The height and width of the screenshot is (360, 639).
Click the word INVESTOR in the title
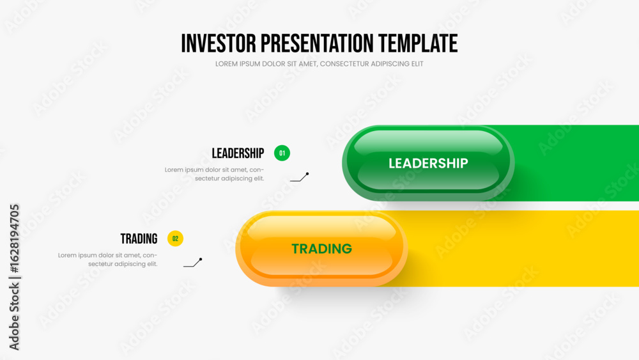tap(219, 43)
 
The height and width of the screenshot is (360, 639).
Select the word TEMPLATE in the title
tap(418, 43)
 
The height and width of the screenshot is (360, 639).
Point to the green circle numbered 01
tap(282, 153)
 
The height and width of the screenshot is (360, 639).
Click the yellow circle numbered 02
tap(175, 239)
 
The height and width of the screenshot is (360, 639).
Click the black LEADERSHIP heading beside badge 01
tap(238, 153)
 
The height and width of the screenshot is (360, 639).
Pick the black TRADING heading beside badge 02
tap(139, 239)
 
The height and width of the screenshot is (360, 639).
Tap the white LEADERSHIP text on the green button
tap(428, 164)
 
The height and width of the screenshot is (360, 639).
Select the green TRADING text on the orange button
tap(321, 249)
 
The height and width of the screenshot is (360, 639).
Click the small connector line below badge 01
tap(299, 177)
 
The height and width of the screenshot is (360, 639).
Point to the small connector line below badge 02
tap(192, 263)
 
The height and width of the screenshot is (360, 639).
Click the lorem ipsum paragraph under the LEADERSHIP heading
tap(214, 174)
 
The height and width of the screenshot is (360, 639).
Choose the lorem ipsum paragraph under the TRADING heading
tap(107, 260)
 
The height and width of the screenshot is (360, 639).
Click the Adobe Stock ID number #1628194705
tap(14, 239)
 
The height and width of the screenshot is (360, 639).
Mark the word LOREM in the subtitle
tap(225, 64)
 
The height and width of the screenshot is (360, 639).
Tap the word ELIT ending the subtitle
tap(418, 64)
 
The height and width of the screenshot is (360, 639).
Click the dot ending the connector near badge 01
tap(307, 174)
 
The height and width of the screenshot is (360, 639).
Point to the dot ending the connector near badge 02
tap(201, 260)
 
